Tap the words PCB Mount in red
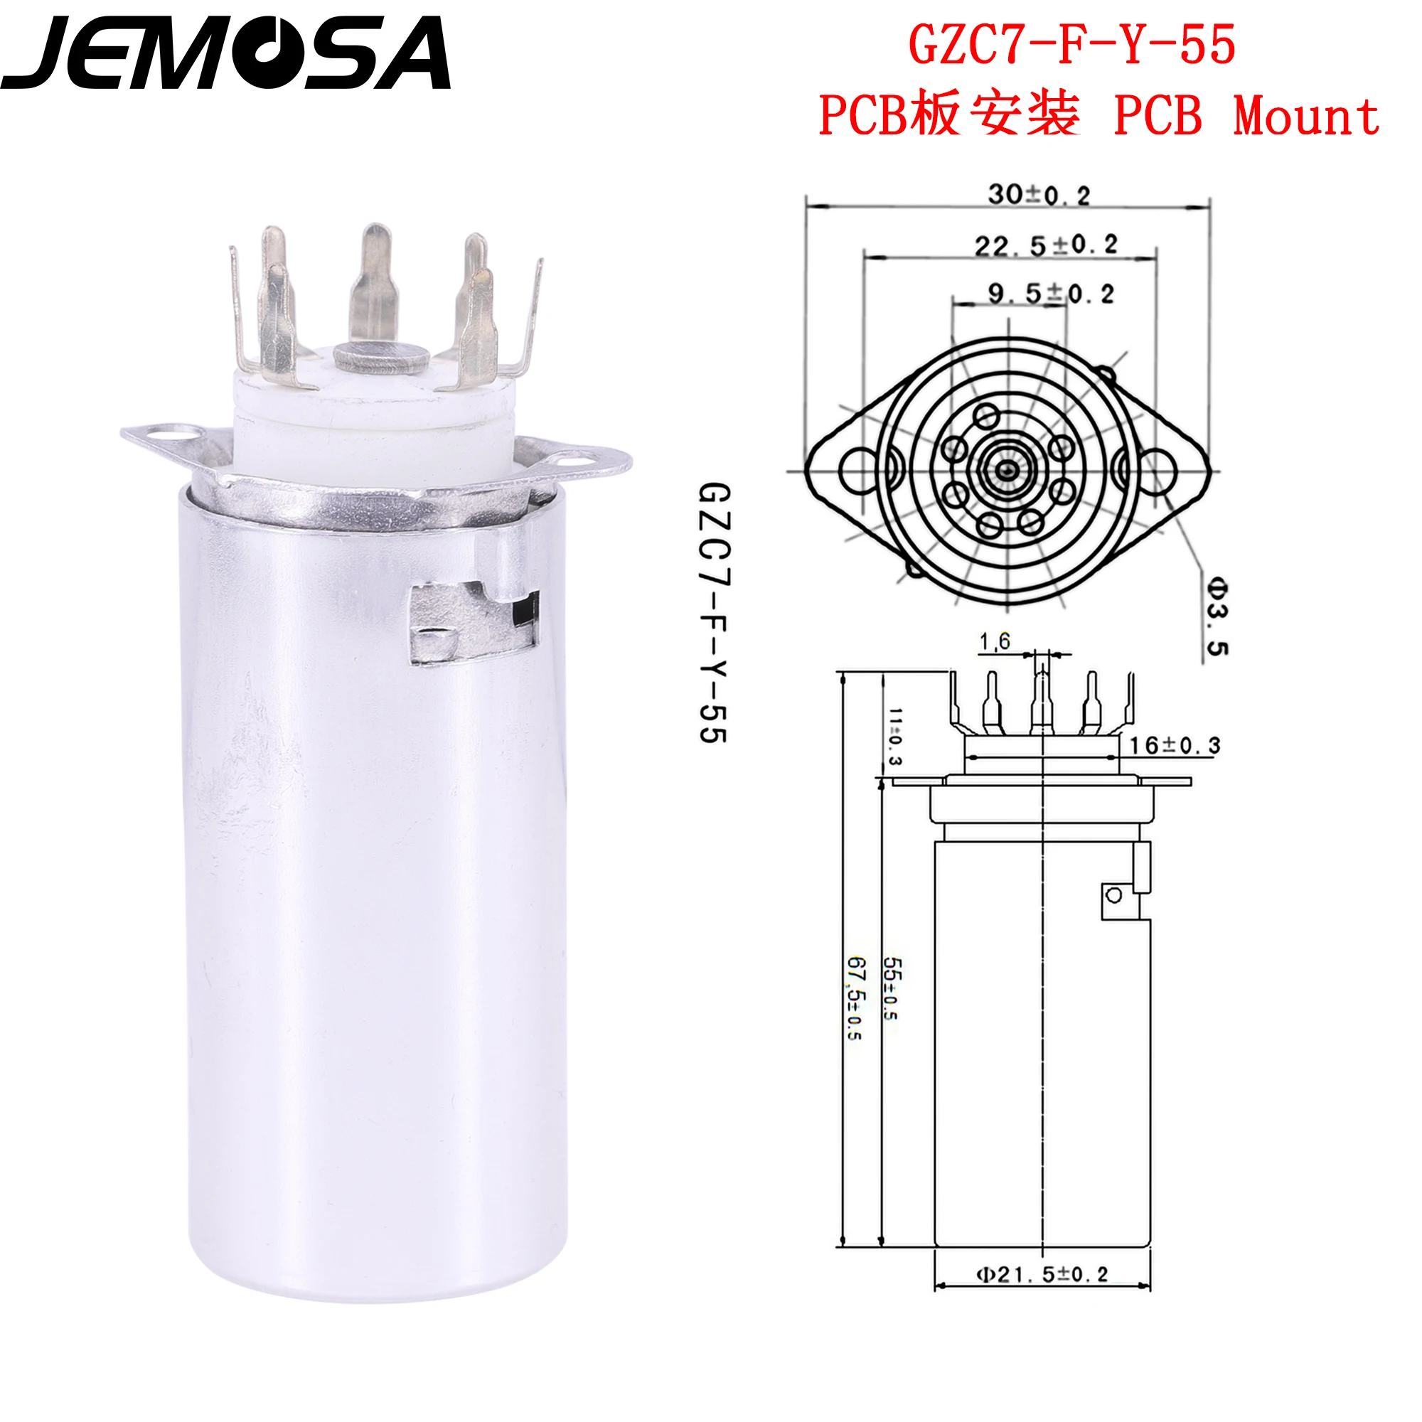tap(1246, 117)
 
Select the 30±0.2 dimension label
tap(1039, 195)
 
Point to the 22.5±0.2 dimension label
tap(1046, 245)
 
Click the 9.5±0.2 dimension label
tap(1051, 294)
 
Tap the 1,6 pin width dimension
tap(995, 642)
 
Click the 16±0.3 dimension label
tap(1175, 746)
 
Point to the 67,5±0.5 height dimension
tap(855, 998)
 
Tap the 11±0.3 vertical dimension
tap(894, 736)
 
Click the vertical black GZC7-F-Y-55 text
tap(712, 612)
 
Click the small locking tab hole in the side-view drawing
tap(1113, 895)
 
